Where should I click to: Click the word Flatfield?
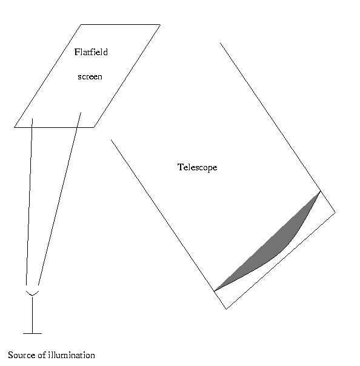click(x=91, y=52)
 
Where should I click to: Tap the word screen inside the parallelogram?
click(x=90, y=77)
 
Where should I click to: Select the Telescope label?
click(x=198, y=167)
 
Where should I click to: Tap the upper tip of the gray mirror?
click(x=321, y=191)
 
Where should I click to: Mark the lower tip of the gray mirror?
click(x=215, y=291)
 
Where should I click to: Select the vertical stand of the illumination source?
click(x=32, y=314)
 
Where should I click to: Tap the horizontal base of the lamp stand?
click(x=33, y=333)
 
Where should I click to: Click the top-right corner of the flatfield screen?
click(x=160, y=24)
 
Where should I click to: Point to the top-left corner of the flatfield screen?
click(x=81, y=24)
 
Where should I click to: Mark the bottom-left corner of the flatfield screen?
click(x=15, y=127)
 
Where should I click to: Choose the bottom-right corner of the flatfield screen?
click(x=93, y=127)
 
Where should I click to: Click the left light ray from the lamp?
click(x=29, y=202)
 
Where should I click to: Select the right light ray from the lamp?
click(x=59, y=199)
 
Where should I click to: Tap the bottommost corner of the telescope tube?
click(x=226, y=309)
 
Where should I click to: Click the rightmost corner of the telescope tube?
click(x=335, y=212)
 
